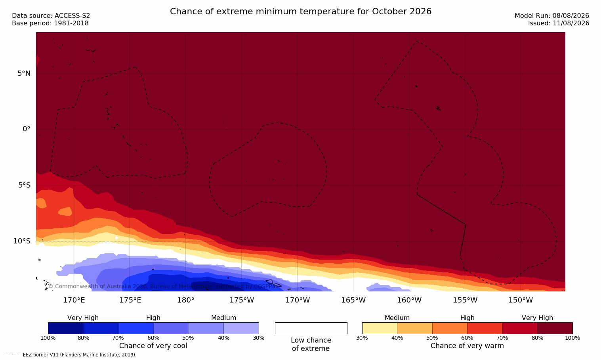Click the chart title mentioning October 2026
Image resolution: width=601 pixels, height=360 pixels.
[300, 11]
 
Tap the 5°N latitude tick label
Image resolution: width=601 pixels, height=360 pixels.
[24, 73]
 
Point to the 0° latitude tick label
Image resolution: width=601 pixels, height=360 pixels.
[26, 129]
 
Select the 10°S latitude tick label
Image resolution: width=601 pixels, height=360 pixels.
[22, 241]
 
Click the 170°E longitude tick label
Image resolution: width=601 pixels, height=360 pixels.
[74, 300]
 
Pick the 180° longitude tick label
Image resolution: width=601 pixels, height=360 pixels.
[186, 300]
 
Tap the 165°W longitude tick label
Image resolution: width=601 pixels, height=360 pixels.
[353, 300]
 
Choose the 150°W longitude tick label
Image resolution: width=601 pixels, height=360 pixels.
[521, 300]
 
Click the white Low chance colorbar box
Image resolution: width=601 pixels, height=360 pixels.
[311, 328]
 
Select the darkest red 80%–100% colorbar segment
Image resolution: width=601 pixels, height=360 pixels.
[555, 328]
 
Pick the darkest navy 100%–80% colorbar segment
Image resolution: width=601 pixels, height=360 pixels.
[65, 328]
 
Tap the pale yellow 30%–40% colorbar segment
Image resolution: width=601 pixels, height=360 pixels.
[380, 328]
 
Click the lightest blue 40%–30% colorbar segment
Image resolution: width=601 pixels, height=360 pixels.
[241, 328]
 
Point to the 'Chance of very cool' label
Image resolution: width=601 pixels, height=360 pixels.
[153, 346]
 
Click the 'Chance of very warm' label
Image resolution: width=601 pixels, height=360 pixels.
[467, 346]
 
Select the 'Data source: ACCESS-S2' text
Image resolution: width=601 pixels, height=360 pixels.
[51, 16]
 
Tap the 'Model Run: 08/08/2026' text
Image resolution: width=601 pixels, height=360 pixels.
[551, 16]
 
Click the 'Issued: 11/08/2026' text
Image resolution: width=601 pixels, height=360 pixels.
[559, 23]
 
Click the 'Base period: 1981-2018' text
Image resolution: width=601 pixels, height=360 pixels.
[50, 23]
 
